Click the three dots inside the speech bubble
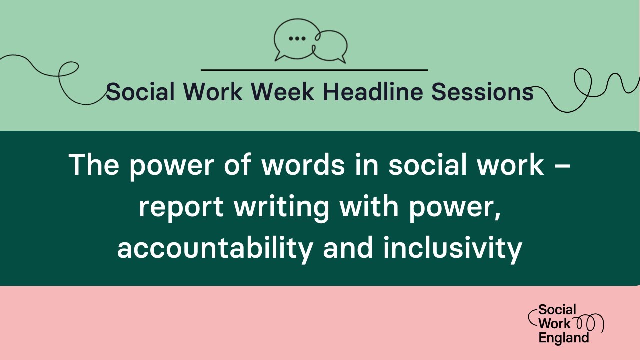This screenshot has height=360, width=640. click(x=297, y=38)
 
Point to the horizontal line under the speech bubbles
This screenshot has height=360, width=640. click(x=314, y=70)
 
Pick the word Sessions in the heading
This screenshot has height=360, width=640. click(x=482, y=92)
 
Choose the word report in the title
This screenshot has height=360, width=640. click(x=180, y=206)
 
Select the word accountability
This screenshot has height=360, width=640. click(x=215, y=248)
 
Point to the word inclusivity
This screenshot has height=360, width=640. click(x=453, y=248)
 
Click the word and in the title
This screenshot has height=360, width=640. click(x=348, y=248)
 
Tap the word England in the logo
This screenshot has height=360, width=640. click(x=563, y=338)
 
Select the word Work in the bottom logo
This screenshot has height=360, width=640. click(x=554, y=323)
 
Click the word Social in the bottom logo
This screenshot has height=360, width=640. click(x=557, y=309)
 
